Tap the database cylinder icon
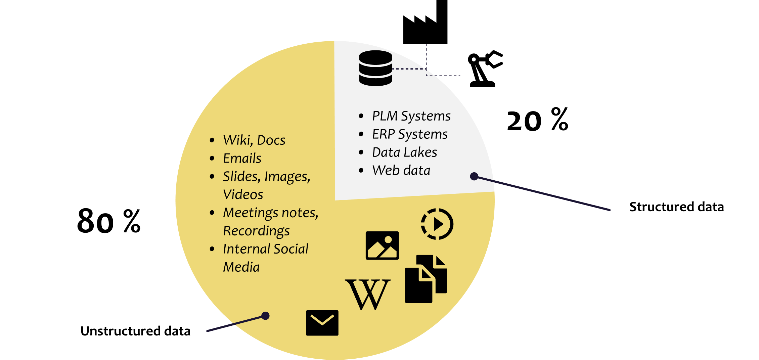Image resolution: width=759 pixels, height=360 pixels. (375, 68)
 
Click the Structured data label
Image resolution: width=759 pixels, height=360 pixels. (676, 207)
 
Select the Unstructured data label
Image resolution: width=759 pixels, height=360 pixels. (135, 331)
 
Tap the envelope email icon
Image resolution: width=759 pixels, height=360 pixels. (322, 323)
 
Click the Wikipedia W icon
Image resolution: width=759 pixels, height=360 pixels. (368, 295)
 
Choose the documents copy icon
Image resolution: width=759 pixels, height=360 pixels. (426, 279)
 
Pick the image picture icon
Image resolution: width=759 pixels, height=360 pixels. (382, 245)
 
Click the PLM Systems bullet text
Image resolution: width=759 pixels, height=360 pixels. (411, 116)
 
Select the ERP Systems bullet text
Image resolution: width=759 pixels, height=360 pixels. (410, 134)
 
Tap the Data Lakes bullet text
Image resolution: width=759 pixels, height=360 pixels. (404, 152)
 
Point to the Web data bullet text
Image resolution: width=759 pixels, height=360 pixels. (401, 171)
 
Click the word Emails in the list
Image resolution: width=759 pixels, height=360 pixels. (242, 159)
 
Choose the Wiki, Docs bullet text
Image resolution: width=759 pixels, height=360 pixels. (254, 140)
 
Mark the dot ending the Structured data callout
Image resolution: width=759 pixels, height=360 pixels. (474, 176)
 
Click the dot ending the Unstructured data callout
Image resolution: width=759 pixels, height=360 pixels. (265, 316)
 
